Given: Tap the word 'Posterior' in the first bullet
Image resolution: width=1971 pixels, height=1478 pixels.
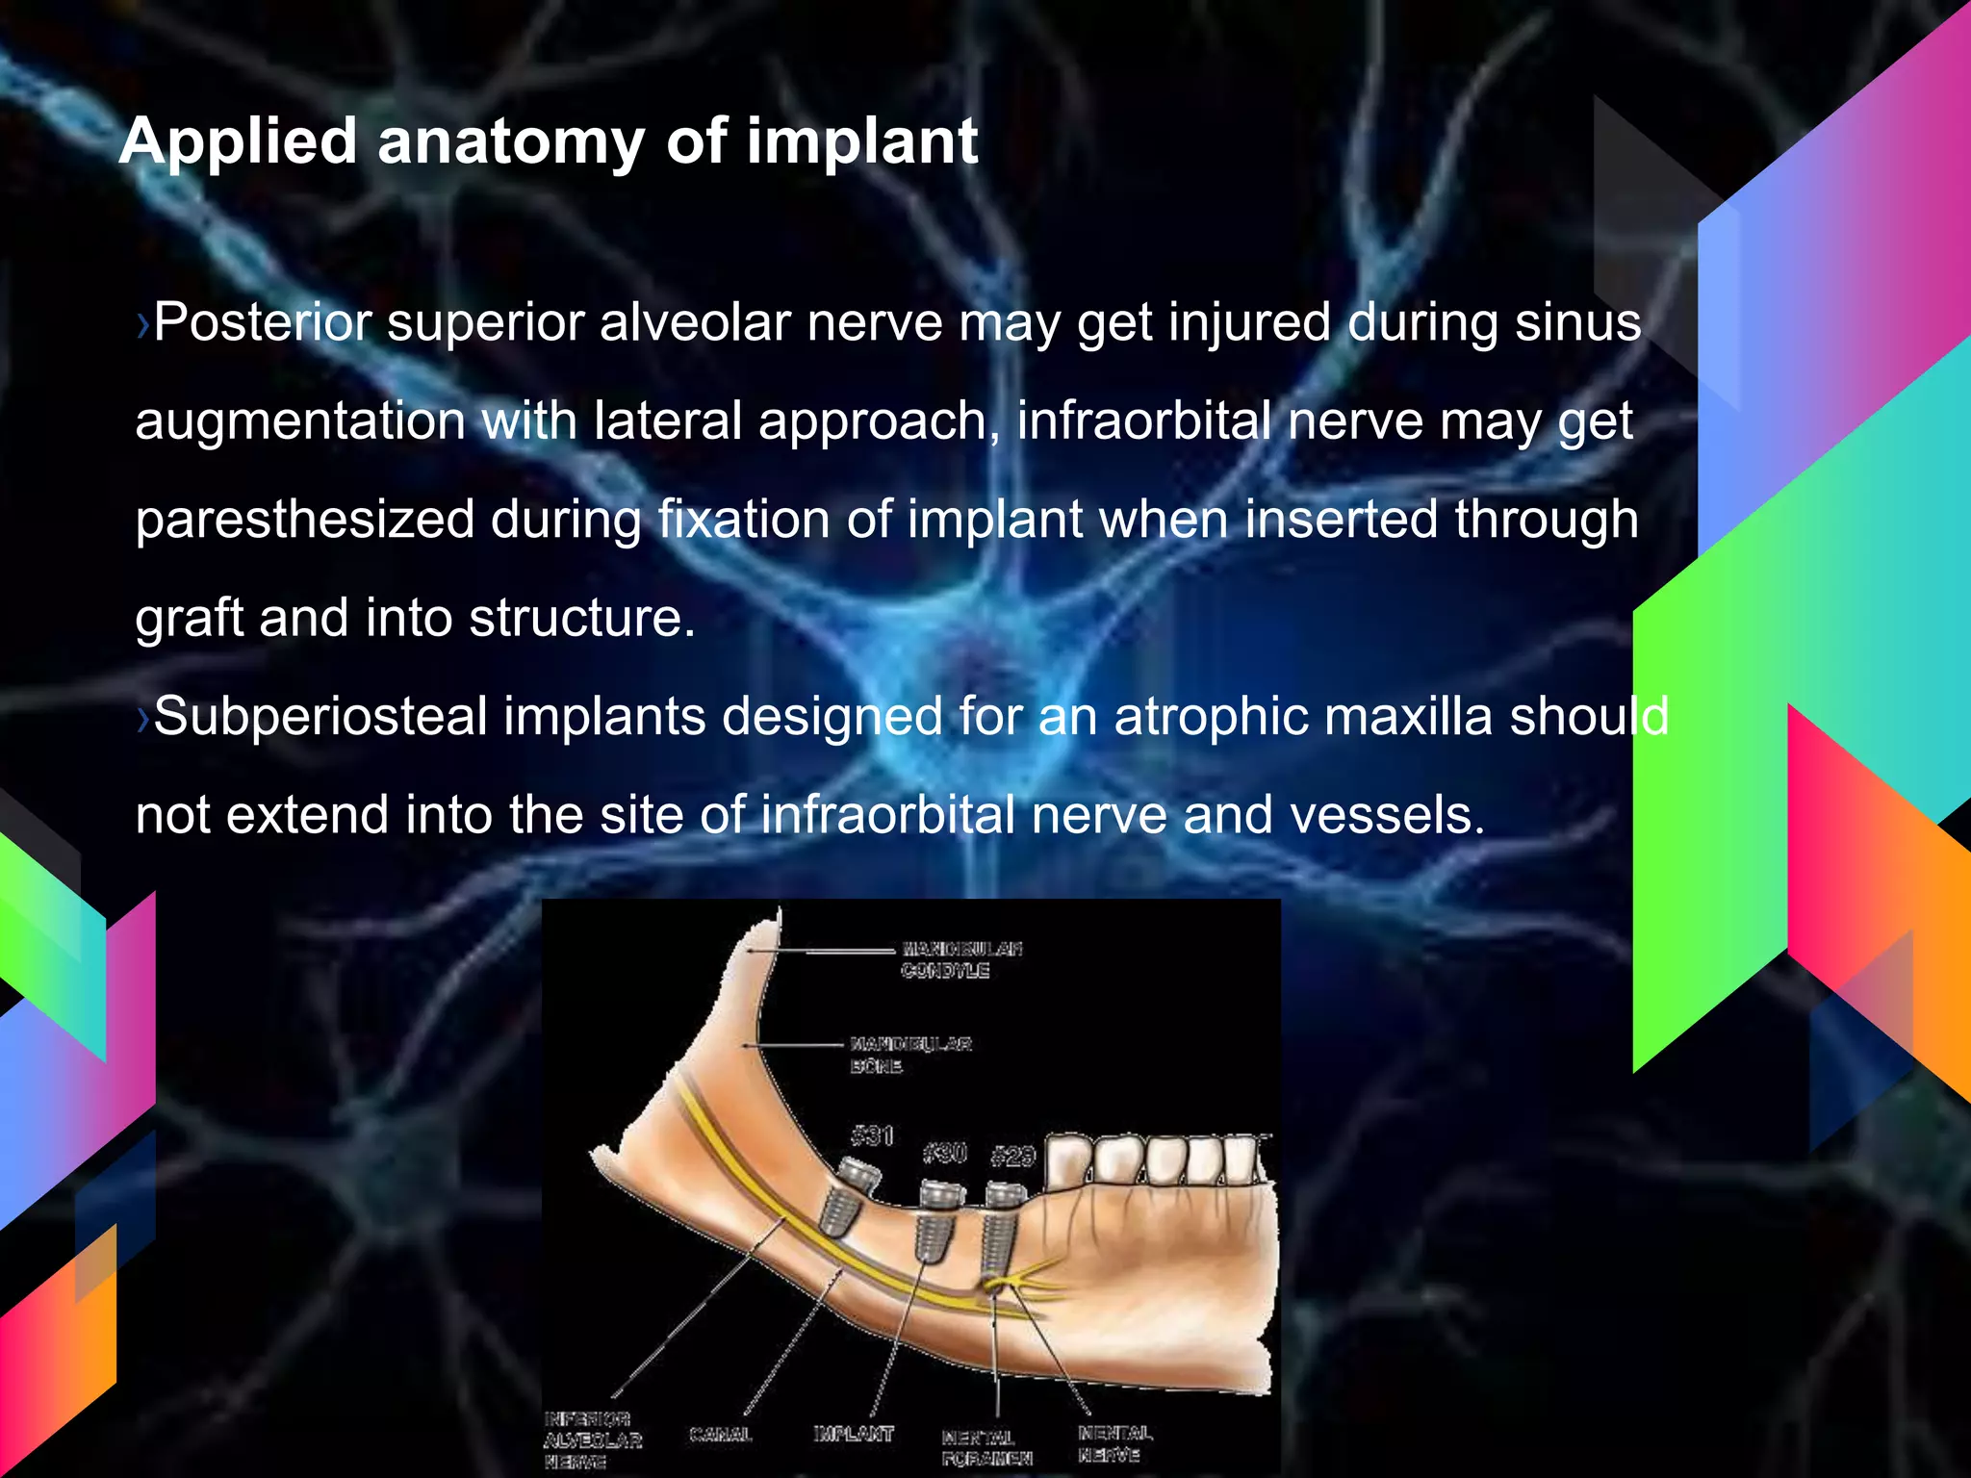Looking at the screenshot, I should point(262,322).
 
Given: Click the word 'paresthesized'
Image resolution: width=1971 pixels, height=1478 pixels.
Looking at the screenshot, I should point(304,521).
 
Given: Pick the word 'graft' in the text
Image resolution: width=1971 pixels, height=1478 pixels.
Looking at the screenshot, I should point(189,619).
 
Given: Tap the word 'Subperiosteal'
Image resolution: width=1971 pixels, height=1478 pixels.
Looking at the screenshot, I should point(320,717).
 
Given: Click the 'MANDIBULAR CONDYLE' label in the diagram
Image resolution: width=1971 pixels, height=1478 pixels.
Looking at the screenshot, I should point(960,959).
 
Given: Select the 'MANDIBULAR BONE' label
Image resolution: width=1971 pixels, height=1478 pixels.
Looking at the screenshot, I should point(909,1055).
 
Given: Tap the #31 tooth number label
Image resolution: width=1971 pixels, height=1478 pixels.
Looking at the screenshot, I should point(872,1135).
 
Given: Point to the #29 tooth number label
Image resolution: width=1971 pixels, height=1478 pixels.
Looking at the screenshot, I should point(1012,1156).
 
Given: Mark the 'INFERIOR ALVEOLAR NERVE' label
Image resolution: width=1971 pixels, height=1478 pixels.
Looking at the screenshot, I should point(591,1440).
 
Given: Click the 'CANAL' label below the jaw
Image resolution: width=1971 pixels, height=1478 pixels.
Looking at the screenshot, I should point(720,1434).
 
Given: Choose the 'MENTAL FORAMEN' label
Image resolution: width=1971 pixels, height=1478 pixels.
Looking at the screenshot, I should point(985,1447).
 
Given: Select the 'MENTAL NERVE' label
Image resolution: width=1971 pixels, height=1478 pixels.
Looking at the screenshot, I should point(1113,1443).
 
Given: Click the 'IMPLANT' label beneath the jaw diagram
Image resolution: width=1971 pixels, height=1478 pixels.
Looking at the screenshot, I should point(853,1434).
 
